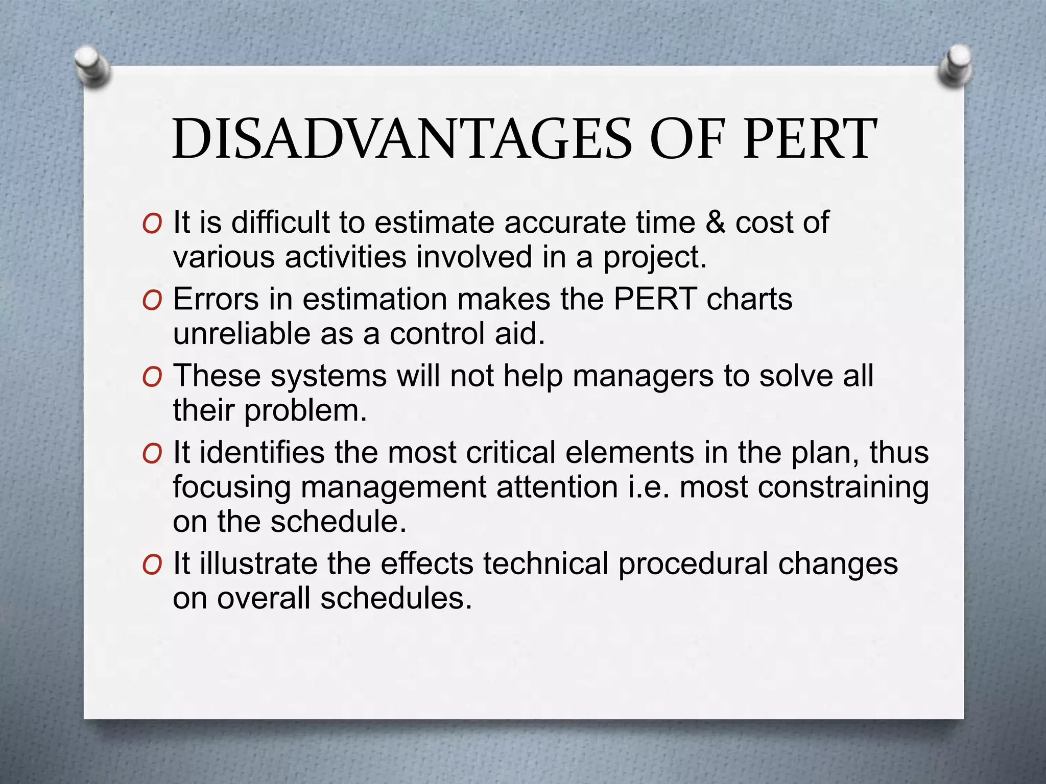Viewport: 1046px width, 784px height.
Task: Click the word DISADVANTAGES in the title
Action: (402, 139)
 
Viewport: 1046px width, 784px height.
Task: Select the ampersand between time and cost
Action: (715, 223)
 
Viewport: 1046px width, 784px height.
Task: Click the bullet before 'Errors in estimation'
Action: (152, 301)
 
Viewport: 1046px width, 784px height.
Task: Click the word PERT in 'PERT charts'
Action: (655, 299)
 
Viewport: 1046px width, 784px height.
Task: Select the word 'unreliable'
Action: (241, 334)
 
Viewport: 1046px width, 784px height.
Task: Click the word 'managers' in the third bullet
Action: (643, 376)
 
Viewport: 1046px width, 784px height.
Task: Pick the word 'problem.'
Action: (305, 411)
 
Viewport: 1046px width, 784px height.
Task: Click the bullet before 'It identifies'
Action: (152, 454)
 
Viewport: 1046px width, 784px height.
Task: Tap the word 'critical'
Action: (510, 453)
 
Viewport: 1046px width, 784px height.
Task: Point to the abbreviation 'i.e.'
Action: (648, 487)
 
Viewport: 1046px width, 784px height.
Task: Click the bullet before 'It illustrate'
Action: (152, 565)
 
